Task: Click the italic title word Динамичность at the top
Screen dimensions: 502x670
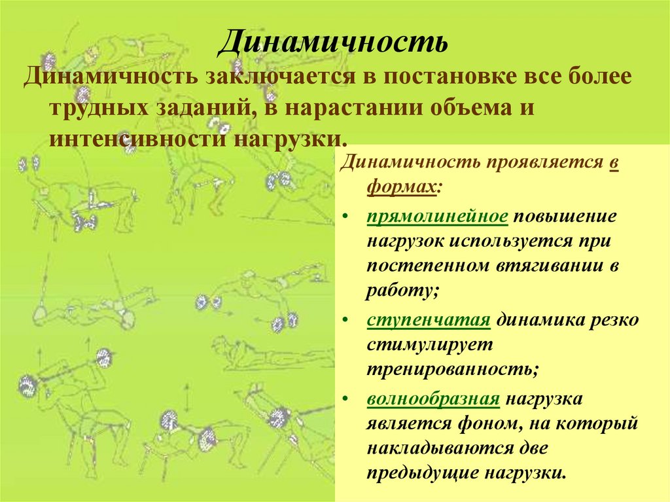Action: pyautogui.click(x=333, y=43)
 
